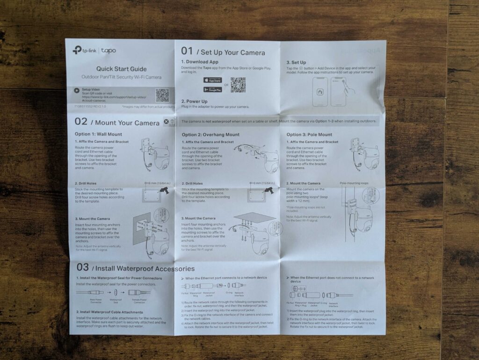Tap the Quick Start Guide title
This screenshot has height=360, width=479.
tap(121, 69)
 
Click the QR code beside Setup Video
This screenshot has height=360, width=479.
tap(162, 95)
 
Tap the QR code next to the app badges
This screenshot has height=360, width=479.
tap(238, 85)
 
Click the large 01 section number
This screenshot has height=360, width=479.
tap(187, 51)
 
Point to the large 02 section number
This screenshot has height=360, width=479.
tap(81, 121)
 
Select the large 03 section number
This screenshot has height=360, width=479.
tap(82, 267)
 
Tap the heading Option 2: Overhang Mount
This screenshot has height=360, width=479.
tap(210, 135)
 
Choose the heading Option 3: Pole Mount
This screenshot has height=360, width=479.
tap(309, 135)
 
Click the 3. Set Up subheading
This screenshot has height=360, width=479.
tap(296, 62)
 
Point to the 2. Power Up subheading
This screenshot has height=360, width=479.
tap(194, 101)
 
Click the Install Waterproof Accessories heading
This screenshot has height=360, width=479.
tap(143, 269)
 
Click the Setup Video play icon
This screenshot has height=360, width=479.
tap(77, 89)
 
